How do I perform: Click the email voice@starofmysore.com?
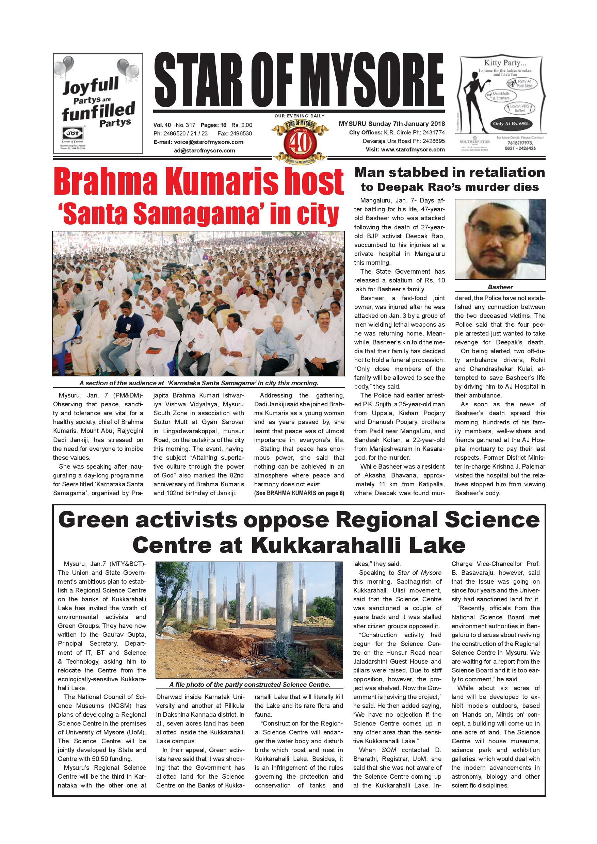pyautogui.click(x=198, y=142)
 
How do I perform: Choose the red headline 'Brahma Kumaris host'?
pyautogui.click(x=198, y=182)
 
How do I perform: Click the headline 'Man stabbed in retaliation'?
pyautogui.click(x=449, y=173)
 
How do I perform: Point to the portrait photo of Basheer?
pyautogui.click(x=500, y=239)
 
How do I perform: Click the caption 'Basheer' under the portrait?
pyautogui.click(x=500, y=287)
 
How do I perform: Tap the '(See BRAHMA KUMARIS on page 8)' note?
pyautogui.click(x=299, y=493)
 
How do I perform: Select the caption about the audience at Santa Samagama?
pyautogui.click(x=198, y=383)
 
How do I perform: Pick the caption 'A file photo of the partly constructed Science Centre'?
pyautogui.click(x=249, y=684)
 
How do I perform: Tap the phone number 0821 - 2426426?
pyautogui.click(x=520, y=148)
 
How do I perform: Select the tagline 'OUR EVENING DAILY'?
pyautogui.click(x=299, y=116)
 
